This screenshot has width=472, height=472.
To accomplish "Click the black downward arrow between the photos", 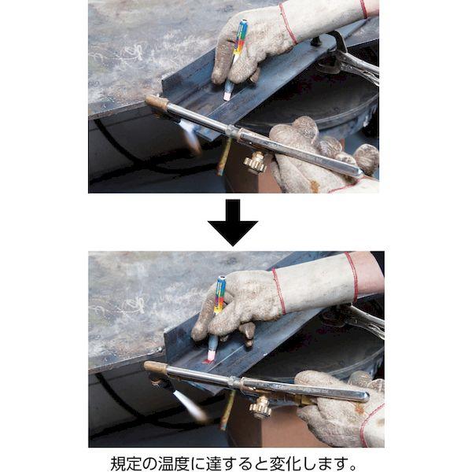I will [x=232, y=222].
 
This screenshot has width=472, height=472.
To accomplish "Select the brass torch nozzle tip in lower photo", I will [x=155, y=367].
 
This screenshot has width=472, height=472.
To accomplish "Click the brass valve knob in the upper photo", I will [x=255, y=162].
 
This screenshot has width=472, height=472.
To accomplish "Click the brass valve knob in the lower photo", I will [x=260, y=407].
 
